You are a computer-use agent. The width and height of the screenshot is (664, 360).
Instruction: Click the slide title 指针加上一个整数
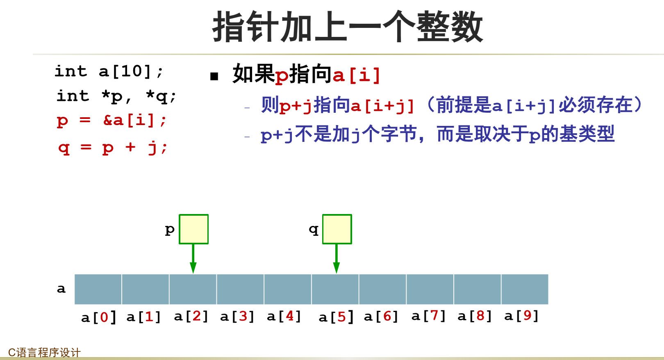coord(348,27)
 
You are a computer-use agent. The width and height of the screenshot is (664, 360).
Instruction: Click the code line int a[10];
coord(109,71)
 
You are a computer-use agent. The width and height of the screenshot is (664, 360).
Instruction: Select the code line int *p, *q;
coord(116,96)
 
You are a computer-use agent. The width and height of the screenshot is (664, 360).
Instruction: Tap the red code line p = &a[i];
coord(111,121)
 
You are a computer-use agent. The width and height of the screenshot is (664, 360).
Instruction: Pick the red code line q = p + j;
coord(113,147)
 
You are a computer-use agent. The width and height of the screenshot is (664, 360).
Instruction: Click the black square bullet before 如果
coord(214,76)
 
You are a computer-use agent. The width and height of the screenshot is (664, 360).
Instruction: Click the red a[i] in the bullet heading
coord(357,75)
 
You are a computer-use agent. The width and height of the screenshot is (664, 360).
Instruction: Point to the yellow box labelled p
coord(193,229)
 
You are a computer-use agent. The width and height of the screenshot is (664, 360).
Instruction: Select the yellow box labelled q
coord(337,229)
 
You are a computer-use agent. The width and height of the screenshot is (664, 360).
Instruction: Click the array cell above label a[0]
coord(98,289)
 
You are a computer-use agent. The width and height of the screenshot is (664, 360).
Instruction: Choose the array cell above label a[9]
coord(525,289)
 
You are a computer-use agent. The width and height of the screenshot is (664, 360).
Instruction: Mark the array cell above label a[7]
coord(430,289)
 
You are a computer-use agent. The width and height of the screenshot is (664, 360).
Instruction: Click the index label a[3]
coord(237,316)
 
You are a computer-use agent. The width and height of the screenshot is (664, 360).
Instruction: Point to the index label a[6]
coord(381,316)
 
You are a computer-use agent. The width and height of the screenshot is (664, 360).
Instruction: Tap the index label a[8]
coord(474,316)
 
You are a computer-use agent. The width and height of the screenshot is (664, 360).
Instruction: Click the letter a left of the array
coord(61,289)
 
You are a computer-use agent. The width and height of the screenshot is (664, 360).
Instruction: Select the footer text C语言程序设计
coord(44,352)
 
